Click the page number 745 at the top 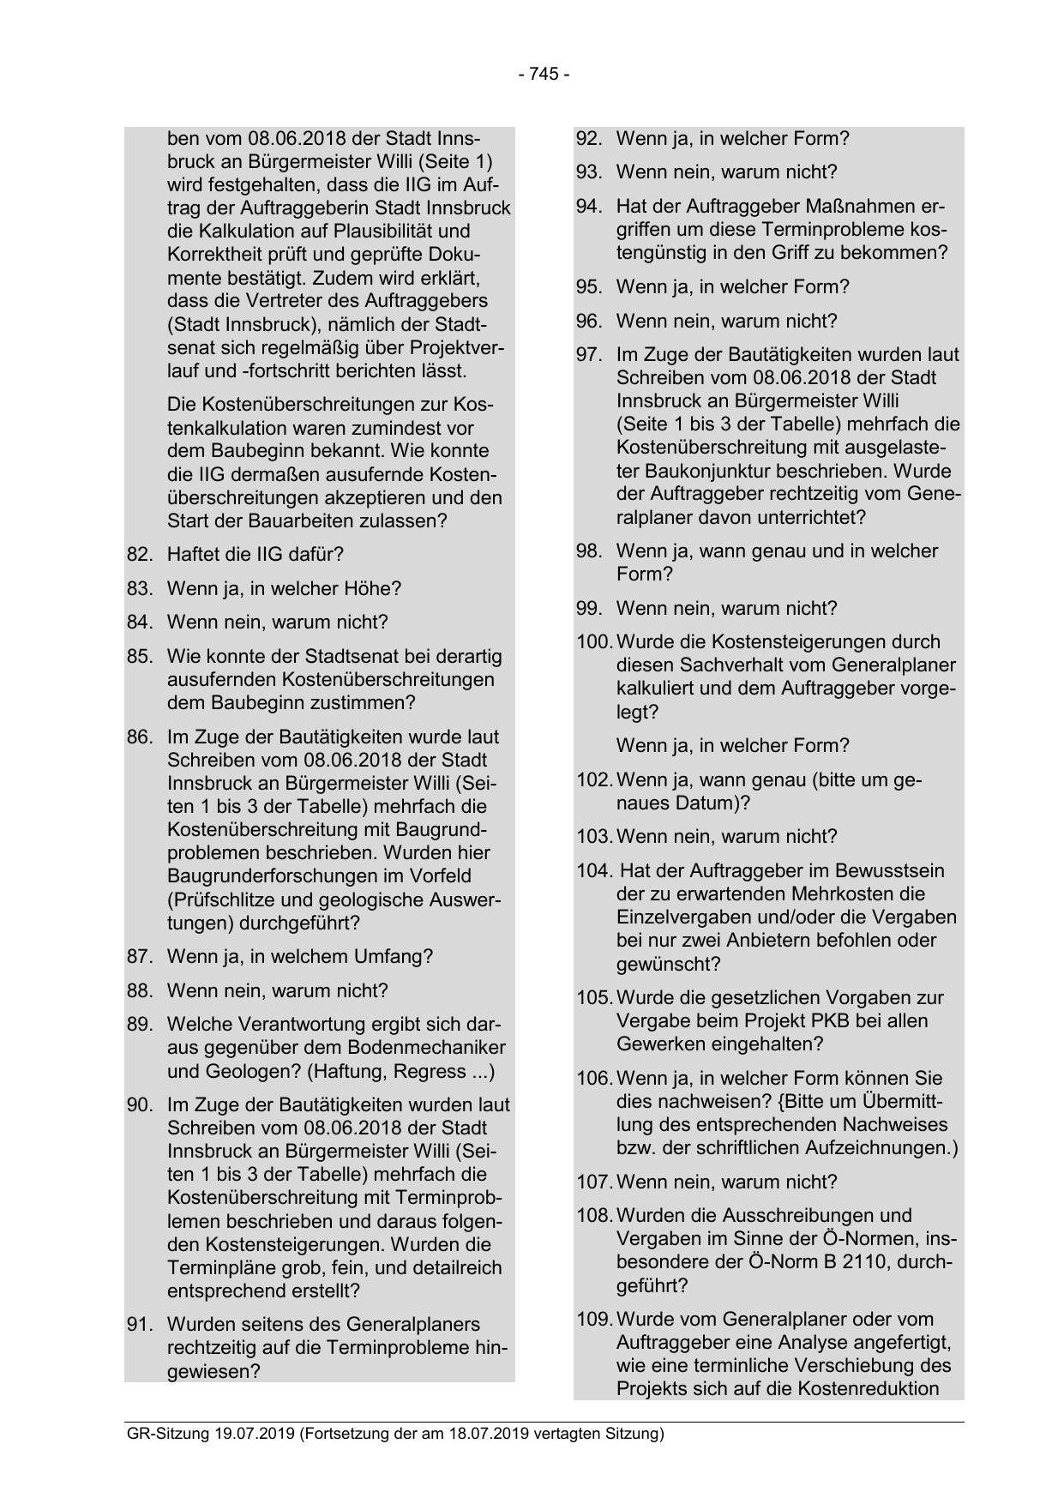(x=544, y=75)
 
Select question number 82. (x=139, y=555)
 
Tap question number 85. (x=139, y=657)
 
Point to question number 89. (x=139, y=1025)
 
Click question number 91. (x=139, y=1325)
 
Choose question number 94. (x=588, y=207)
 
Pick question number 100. (x=593, y=642)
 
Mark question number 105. (x=593, y=998)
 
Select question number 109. (x=593, y=1319)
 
